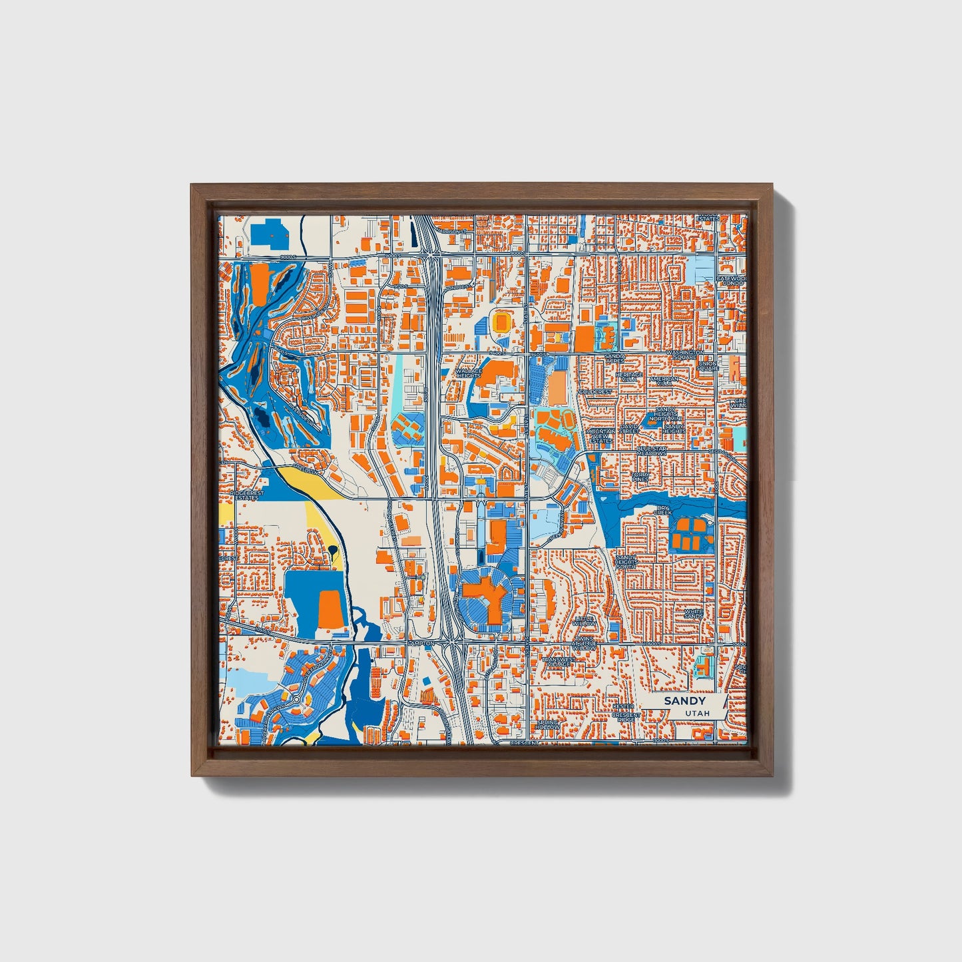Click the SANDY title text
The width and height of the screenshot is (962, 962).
pos(684,701)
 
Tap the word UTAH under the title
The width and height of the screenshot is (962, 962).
pos(697,713)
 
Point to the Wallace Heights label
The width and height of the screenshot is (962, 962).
pos(468,373)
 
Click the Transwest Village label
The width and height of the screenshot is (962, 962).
pos(558,661)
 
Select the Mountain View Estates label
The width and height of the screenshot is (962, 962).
pos(601,435)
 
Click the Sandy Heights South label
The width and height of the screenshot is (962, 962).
pos(626,561)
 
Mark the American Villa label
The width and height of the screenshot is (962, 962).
pos(663,381)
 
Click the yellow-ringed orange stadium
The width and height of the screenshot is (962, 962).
pos(501,322)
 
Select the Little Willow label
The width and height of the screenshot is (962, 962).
pos(585,620)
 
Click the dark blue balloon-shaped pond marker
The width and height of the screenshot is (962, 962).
pos(332,550)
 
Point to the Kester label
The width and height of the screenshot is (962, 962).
pos(623,706)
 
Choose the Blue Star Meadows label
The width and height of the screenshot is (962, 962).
pos(651,451)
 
